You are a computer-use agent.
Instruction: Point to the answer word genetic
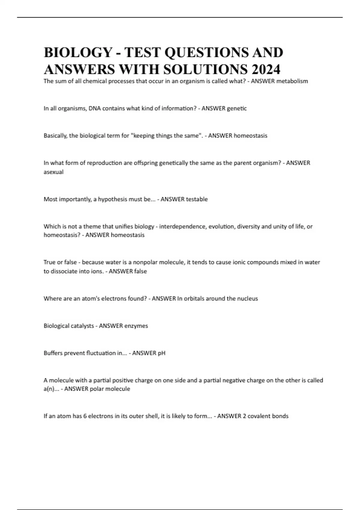coord(237,108)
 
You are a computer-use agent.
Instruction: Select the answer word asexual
coord(53,172)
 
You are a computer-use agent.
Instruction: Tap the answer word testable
coord(196,199)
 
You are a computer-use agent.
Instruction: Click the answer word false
coord(140,271)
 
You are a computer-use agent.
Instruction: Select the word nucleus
coord(247,298)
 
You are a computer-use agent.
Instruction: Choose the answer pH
coord(161,353)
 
